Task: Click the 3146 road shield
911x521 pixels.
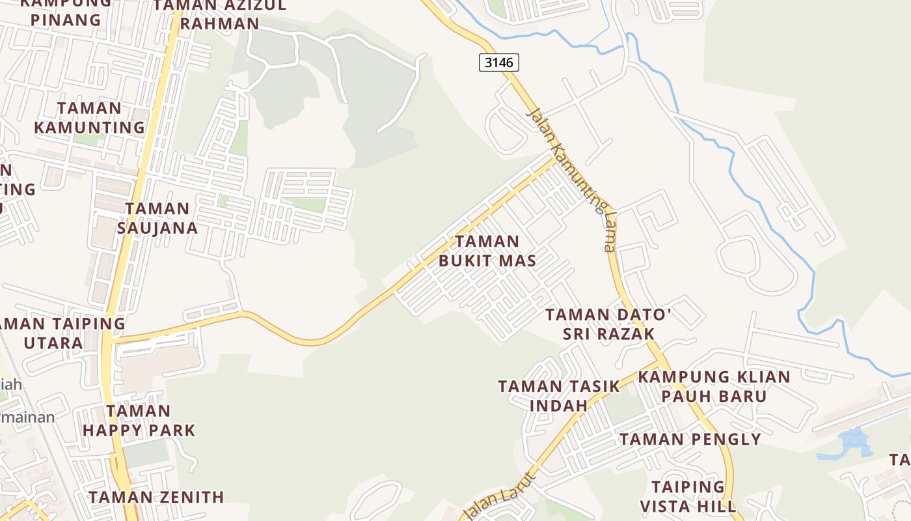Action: coord(499,63)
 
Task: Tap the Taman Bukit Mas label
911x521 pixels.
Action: coord(487,251)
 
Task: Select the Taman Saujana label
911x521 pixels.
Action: coord(157,218)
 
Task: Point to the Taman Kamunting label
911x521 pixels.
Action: coord(89,118)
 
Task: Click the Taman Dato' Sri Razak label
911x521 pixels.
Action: coord(608,324)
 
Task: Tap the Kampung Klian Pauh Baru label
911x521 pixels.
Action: coord(714,386)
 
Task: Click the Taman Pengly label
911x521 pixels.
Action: coord(690,439)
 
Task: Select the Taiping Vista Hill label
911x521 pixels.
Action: coord(688,496)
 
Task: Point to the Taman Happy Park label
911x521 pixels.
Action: coord(139,421)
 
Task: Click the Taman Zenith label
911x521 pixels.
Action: coord(156,497)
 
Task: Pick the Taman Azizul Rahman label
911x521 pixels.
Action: coord(220,14)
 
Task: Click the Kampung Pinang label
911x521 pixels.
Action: coord(66,12)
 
